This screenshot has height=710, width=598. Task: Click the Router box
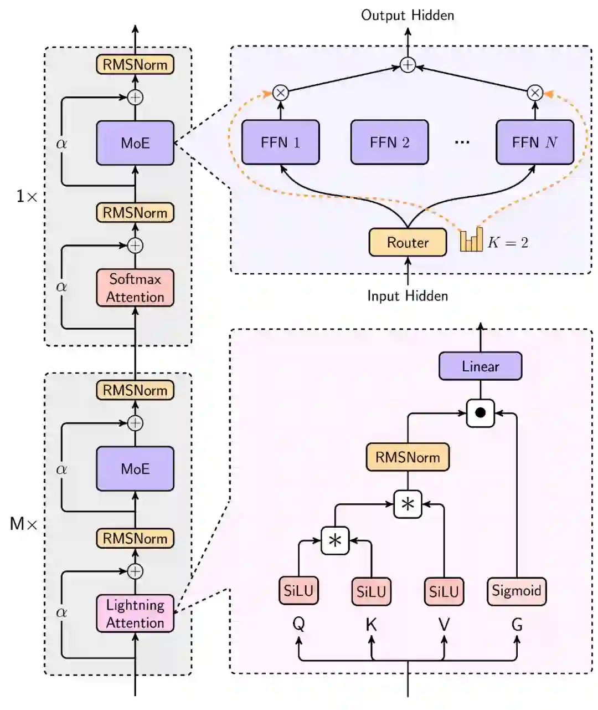[408, 242]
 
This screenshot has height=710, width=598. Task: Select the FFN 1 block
[281, 142]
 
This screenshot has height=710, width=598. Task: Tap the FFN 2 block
[389, 142]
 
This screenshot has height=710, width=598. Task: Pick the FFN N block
[534, 142]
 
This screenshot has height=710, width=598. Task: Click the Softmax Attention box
[135, 288]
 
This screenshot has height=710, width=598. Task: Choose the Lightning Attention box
[135, 614]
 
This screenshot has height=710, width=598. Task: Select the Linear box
[480, 366]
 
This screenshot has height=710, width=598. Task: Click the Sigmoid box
[516, 591]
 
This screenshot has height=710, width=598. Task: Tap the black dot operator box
[480, 413]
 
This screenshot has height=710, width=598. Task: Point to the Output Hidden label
[408, 15]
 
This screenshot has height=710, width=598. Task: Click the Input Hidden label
[408, 295]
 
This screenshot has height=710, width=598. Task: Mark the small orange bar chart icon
[471, 240]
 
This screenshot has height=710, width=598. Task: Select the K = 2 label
[508, 242]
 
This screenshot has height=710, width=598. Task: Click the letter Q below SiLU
[298, 625]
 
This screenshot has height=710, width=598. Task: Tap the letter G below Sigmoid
[517, 625]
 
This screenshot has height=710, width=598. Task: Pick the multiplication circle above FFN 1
[281, 93]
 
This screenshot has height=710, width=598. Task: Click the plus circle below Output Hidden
[408, 65]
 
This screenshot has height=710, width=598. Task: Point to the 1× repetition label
[26, 196]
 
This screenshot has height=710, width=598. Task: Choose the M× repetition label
[23, 524]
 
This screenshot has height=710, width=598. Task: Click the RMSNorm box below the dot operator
[408, 457]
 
